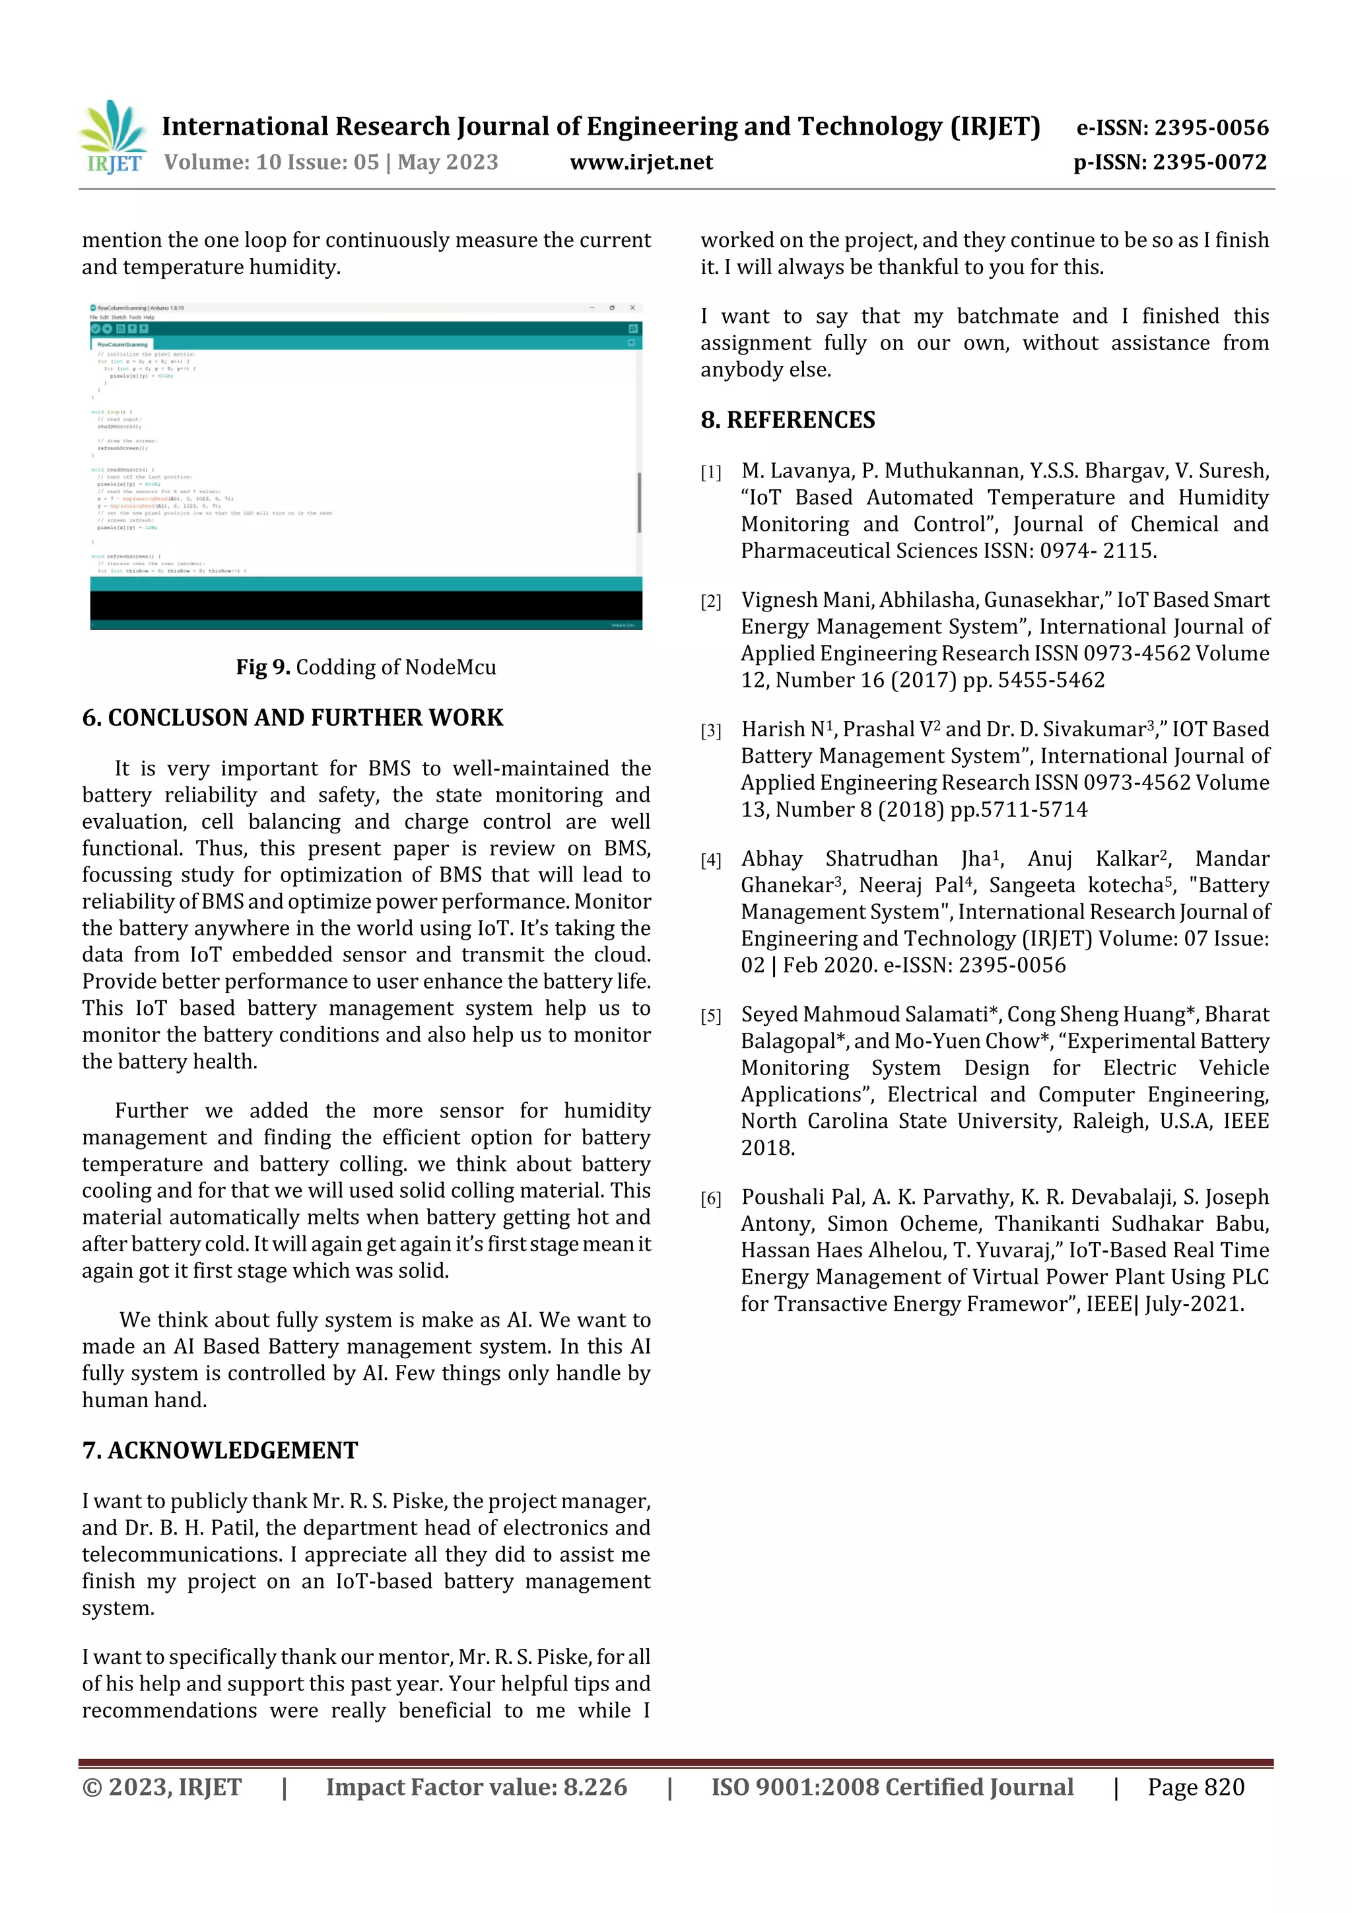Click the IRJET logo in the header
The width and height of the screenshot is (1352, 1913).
pyautogui.click(x=114, y=137)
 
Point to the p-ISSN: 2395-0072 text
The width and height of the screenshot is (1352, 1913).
pyautogui.click(x=1170, y=162)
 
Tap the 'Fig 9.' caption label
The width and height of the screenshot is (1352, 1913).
pyautogui.click(x=262, y=668)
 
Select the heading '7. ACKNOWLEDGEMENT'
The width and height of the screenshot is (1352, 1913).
pyautogui.click(x=220, y=1451)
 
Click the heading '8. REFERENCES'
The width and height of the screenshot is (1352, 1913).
pyautogui.click(x=787, y=420)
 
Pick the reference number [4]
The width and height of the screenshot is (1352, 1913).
pyautogui.click(x=710, y=860)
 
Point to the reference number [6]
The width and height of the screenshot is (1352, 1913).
pyautogui.click(x=710, y=1199)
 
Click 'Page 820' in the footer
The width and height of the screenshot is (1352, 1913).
pyautogui.click(x=1196, y=1787)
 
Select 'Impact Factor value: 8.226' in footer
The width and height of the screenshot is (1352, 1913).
pyautogui.click(x=476, y=1787)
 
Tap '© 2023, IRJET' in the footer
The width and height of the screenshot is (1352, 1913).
pyautogui.click(x=162, y=1787)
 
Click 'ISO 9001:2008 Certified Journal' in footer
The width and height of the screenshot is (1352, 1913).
pyautogui.click(x=891, y=1787)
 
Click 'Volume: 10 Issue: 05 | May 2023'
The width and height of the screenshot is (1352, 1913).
pyautogui.click(x=331, y=162)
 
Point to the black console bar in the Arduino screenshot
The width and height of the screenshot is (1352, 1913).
pyautogui.click(x=366, y=605)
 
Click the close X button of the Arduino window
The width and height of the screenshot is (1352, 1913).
pyautogui.click(x=632, y=308)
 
